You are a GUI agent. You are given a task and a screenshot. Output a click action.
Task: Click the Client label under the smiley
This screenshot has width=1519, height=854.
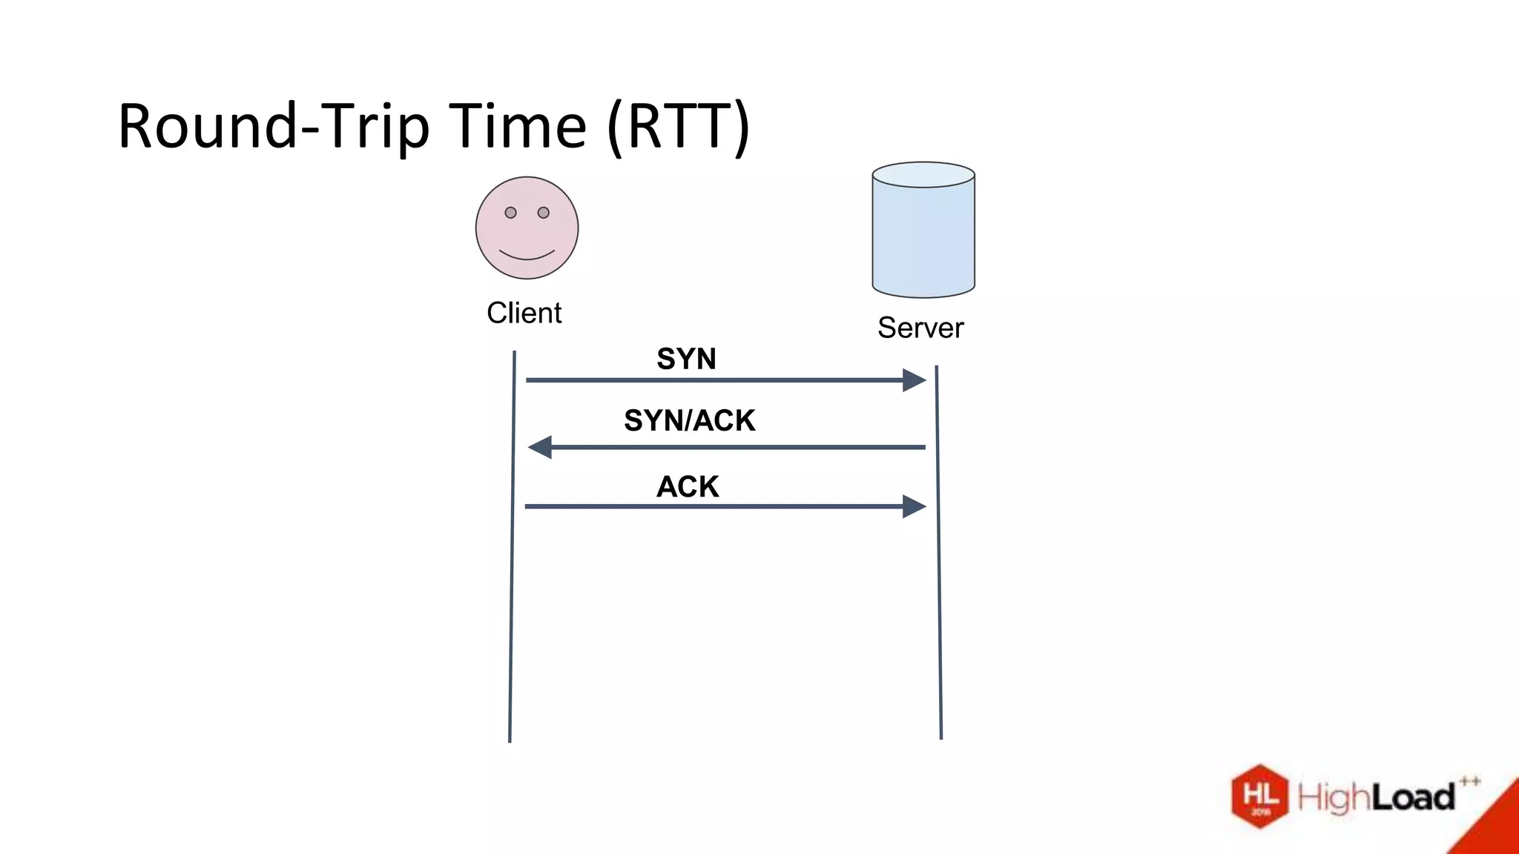(x=524, y=313)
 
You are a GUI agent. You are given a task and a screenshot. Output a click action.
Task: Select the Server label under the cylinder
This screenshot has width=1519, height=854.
(x=920, y=328)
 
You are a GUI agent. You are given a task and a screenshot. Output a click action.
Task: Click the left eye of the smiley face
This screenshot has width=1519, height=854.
(x=510, y=213)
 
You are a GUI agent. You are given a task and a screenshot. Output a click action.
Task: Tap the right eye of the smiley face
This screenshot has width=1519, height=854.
(x=544, y=213)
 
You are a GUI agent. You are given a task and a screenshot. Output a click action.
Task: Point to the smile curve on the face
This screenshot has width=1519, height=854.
(x=527, y=256)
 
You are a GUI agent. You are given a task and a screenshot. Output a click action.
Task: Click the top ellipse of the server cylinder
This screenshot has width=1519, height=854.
(x=923, y=175)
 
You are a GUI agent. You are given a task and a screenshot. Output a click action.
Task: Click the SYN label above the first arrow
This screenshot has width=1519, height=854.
(x=686, y=359)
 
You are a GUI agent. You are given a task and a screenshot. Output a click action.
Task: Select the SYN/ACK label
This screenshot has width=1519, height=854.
(x=689, y=420)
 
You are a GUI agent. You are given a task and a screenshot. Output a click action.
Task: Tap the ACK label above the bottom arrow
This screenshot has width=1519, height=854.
(x=688, y=487)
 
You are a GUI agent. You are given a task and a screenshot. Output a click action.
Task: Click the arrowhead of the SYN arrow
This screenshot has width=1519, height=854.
(x=914, y=380)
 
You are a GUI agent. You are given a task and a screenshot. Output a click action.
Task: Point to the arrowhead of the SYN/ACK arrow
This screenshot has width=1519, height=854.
(x=540, y=447)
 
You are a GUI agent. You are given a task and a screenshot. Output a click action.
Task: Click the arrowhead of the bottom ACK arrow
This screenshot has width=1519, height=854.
(x=914, y=507)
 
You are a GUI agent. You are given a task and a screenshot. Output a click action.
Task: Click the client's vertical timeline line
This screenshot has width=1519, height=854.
(x=512, y=593)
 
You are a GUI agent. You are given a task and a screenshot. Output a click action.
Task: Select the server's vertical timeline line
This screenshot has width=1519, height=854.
(x=939, y=593)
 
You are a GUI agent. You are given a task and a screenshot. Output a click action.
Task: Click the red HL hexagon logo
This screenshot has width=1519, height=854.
(x=1260, y=796)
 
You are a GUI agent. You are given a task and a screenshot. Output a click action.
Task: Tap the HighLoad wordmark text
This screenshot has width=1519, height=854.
(x=1377, y=798)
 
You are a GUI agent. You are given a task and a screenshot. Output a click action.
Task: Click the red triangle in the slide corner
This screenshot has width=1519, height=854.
(x=1495, y=827)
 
